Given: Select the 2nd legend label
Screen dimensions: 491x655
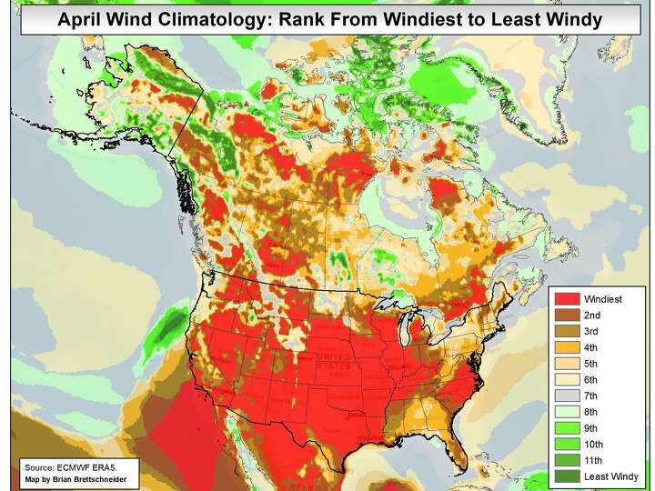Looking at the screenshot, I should coord(593,315).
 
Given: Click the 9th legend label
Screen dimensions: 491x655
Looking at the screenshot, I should coord(593,427).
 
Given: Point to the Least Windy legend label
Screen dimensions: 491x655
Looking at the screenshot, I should coord(611,476).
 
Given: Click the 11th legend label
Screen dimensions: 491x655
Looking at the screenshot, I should coord(595,460).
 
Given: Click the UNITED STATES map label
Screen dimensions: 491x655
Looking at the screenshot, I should coord(333,364).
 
